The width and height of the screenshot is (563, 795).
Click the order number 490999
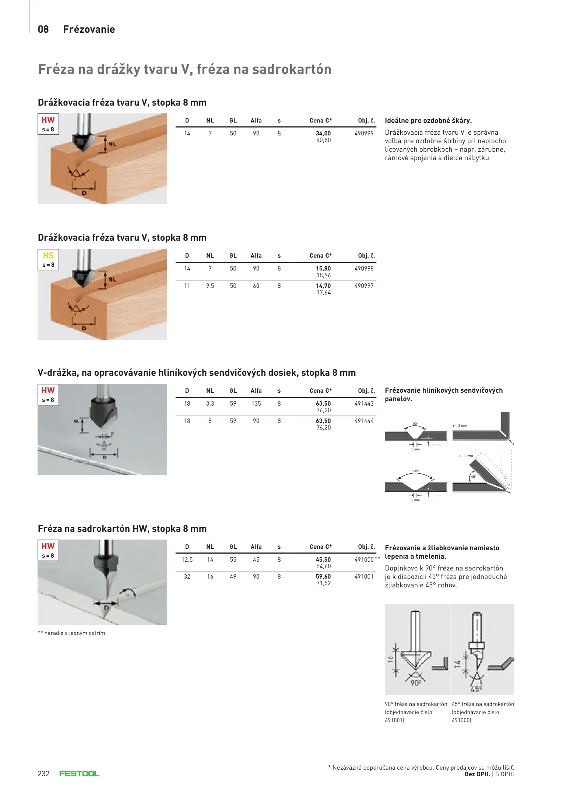(x=364, y=134)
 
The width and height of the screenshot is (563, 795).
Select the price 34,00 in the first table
(x=323, y=134)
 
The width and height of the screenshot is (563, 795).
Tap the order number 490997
(x=364, y=286)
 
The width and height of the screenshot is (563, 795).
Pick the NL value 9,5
(x=210, y=286)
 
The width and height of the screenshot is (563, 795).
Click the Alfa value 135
(x=256, y=404)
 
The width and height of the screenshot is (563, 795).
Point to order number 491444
(x=364, y=421)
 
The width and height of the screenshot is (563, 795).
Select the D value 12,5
(x=187, y=560)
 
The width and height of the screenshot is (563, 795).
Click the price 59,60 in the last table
(x=323, y=577)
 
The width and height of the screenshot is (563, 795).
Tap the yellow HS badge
(x=48, y=256)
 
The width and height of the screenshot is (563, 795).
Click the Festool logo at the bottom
(x=79, y=774)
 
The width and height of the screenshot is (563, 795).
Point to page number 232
(x=43, y=774)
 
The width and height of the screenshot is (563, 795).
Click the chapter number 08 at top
(x=43, y=29)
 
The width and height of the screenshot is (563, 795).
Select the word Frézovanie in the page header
(x=89, y=29)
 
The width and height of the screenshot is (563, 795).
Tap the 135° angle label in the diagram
(x=415, y=471)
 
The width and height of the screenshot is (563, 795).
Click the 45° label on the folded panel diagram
(x=474, y=477)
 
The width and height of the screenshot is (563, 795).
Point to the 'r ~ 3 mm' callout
(x=460, y=426)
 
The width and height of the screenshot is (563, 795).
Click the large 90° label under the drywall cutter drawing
(x=416, y=683)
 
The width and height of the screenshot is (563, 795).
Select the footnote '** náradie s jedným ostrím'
(x=71, y=633)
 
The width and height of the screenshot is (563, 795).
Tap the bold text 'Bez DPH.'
(x=477, y=774)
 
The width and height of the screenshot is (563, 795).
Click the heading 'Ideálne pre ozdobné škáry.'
(x=428, y=121)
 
